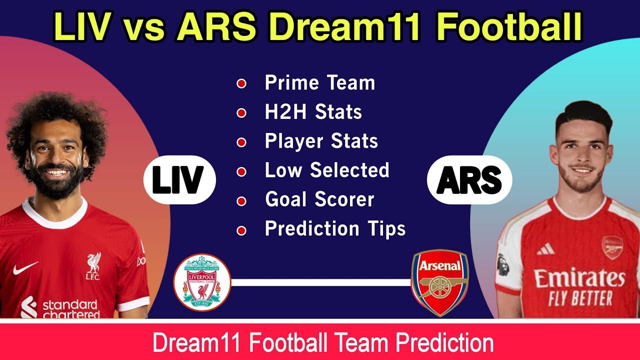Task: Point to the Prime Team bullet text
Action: click(320, 82)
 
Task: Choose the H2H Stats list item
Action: click(313, 112)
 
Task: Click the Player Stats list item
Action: click(321, 141)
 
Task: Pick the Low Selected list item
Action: click(327, 170)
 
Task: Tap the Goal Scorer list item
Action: click(319, 200)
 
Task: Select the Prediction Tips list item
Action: click(335, 229)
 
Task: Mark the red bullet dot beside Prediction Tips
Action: click(241, 230)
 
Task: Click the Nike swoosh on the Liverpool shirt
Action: click(25, 269)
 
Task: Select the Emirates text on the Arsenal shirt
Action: click(579, 278)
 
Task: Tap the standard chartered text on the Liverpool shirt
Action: click(70, 308)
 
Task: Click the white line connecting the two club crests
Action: click(320, 282)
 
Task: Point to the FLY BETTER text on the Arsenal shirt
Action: click(580, 298)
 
